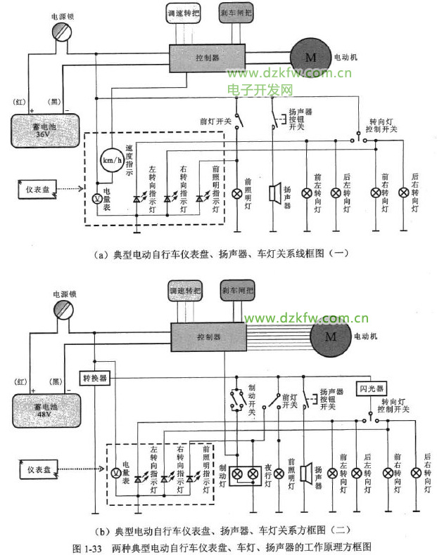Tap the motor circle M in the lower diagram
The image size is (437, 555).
pos(330,336)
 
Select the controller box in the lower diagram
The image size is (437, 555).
pos(207,337)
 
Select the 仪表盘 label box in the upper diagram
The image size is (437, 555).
pos(37,190)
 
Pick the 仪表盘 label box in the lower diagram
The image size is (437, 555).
pos(36,467)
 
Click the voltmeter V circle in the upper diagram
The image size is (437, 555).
pos(98,198)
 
